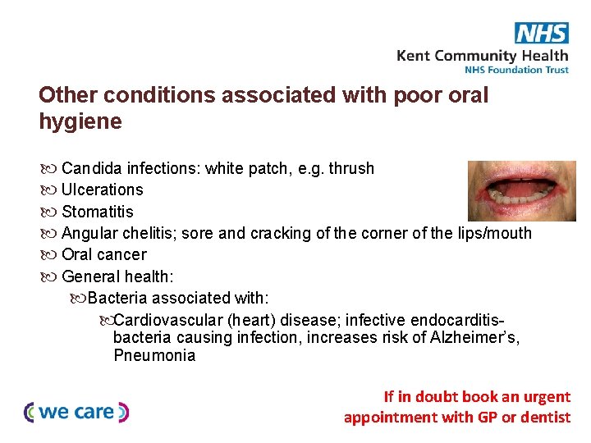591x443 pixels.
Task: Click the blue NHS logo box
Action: [x=542, y=33]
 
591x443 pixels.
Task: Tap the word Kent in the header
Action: [x=413, y=56]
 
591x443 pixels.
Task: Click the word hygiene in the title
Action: [x=80, y=122]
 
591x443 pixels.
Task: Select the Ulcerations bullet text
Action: [x=103, y=190]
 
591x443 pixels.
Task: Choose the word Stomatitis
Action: [x=97, y=212]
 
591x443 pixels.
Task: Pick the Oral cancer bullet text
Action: [x=104, y=254]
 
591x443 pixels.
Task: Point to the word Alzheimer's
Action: [x=475, y=337]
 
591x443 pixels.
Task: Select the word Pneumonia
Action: [x=154, y=355]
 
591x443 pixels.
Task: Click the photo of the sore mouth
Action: [x=521, y=190]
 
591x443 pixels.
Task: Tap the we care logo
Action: [x=77, y=412]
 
